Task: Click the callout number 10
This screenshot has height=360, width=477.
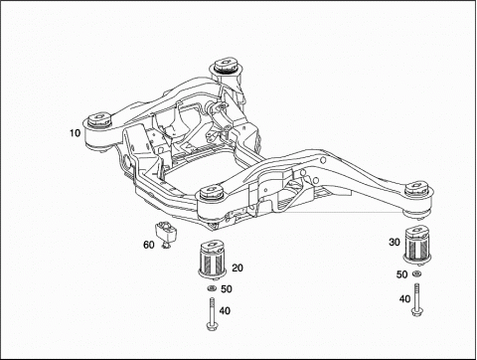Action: point(76,133)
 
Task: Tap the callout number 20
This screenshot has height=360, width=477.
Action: point(238,268)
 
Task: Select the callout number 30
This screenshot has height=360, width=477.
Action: point(395,243)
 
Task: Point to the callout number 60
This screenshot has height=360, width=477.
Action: point(149,245)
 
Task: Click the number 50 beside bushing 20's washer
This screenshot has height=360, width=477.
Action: point(227,288)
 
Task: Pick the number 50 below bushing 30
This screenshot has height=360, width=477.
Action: point(401,274)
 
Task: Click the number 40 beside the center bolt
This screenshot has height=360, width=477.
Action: point(225,310)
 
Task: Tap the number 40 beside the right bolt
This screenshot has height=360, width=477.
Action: point(404,299)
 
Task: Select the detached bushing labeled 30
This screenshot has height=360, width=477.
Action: point(416,244)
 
